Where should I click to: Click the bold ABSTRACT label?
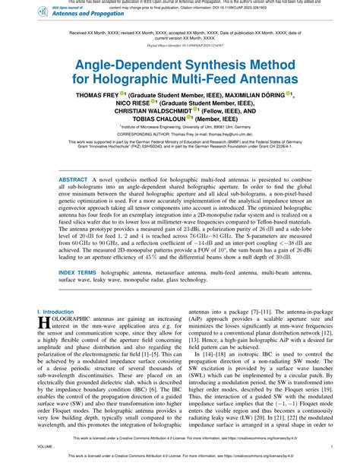coord(74,176)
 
